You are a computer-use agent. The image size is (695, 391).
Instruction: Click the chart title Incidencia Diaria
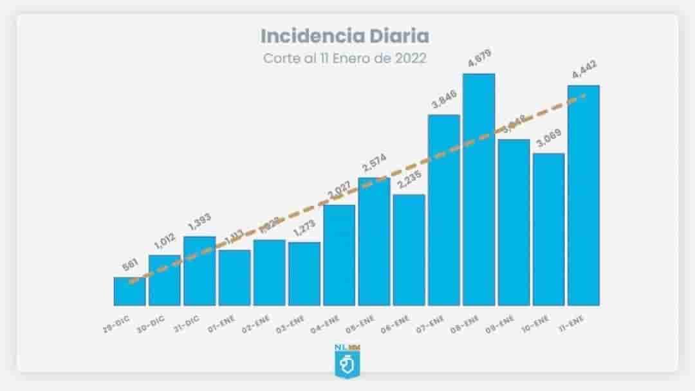[344, 35]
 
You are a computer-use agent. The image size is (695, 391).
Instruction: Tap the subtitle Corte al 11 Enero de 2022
[344, 58]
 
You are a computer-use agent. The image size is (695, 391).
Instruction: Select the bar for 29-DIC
[129, 291]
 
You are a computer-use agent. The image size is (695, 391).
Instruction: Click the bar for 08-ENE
[479, 190]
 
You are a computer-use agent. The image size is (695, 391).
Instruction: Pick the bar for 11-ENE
[583, 195]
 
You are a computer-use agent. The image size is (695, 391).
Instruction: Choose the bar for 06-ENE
[409, 250]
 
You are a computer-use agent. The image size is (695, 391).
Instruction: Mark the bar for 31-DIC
[199, 271]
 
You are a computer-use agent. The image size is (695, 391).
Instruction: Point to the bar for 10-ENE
[548, 230]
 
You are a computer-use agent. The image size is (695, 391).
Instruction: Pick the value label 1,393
[199, 224]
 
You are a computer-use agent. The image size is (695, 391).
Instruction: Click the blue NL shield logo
[347, 361]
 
